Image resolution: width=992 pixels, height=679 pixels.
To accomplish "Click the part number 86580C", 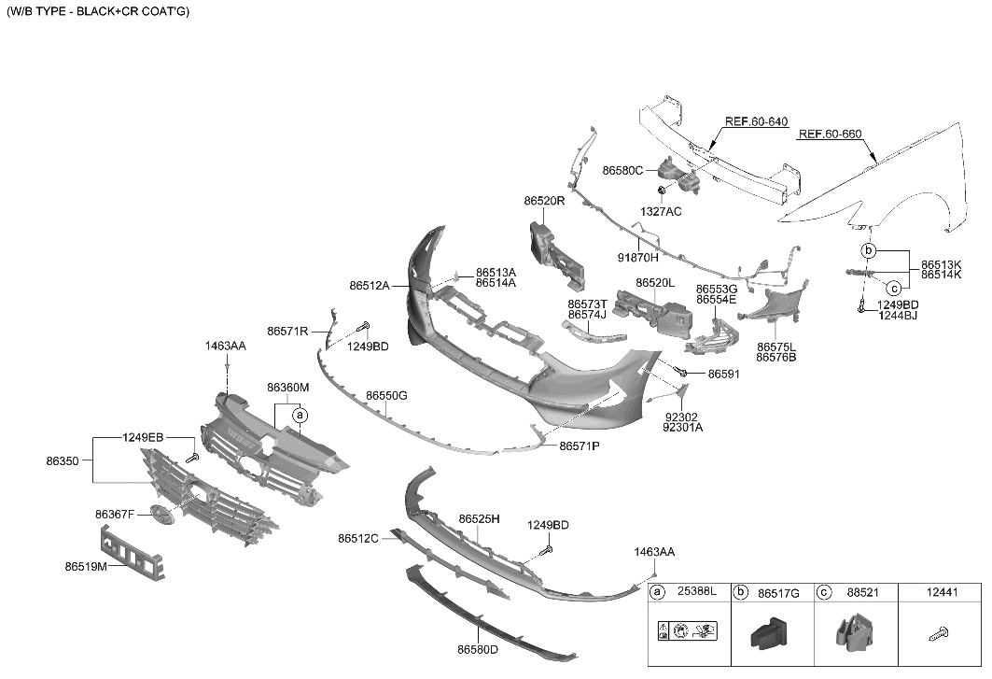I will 622,171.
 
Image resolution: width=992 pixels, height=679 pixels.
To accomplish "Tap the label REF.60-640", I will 756,121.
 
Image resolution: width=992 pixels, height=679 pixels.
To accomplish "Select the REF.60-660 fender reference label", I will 830,134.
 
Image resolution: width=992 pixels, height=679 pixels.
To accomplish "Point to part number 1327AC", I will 661,212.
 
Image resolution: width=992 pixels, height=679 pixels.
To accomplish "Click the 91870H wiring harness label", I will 637,258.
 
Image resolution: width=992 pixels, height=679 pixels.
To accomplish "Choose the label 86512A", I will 370,286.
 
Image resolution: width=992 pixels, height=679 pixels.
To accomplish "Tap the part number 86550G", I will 386,396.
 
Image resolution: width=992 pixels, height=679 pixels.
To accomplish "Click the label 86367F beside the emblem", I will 115,514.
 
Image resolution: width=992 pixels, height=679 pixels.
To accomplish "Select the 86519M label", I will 85,566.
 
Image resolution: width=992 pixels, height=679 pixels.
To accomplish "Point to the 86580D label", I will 478,649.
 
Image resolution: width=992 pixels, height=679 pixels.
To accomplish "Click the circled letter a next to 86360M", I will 300,414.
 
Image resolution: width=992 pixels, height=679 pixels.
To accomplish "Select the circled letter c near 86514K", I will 892,288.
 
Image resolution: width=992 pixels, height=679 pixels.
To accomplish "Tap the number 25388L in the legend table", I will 696,591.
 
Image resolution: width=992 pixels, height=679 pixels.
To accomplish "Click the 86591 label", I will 723,374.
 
